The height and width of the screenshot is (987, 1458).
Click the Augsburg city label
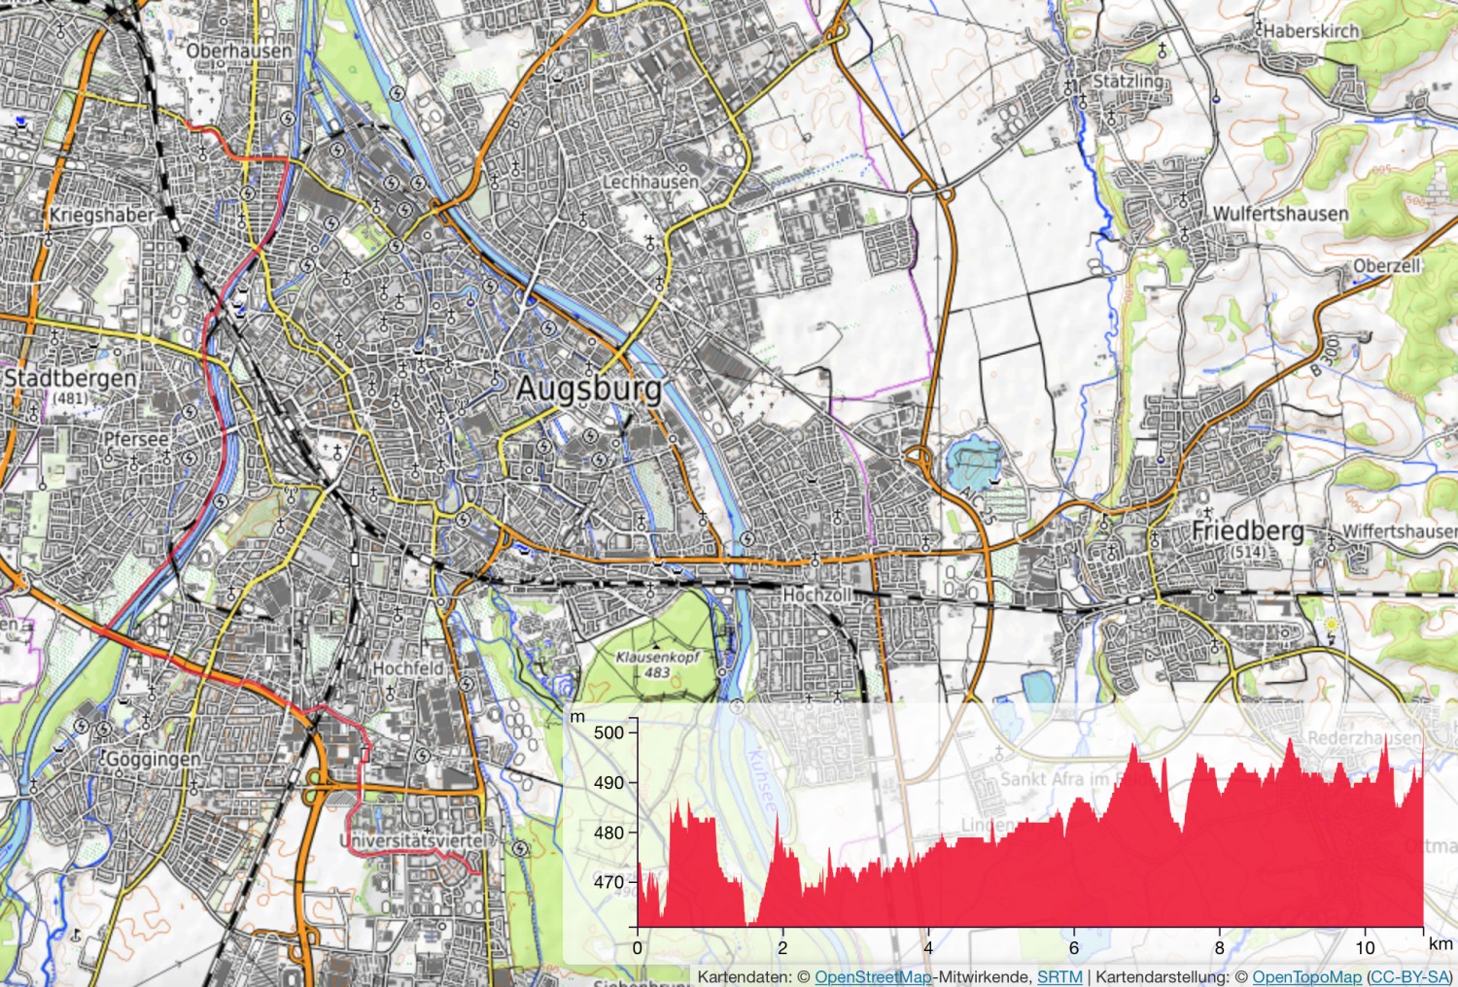588,389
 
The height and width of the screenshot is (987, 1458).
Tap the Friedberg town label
1247,530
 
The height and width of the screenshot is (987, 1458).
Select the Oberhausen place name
238,51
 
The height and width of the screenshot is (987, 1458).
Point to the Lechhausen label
650,182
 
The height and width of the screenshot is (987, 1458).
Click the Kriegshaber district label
102,215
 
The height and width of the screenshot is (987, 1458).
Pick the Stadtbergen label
70,378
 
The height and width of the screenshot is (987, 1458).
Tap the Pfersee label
136,439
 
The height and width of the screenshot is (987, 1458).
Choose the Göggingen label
153,759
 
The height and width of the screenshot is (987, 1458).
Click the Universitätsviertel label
416,840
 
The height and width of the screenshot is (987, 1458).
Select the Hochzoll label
816,595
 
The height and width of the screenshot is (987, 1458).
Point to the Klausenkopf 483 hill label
657,664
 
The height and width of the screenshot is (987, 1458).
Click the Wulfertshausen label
1280,214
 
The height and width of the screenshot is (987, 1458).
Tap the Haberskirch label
1311,31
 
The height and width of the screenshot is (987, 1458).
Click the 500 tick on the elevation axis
608,732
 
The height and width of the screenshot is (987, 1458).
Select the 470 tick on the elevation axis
608,883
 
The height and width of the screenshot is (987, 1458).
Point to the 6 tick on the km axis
1074,948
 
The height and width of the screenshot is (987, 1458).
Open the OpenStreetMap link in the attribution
872,977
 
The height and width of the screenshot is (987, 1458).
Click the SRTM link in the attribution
1059,977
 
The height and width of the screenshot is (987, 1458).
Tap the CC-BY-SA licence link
1409,977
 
